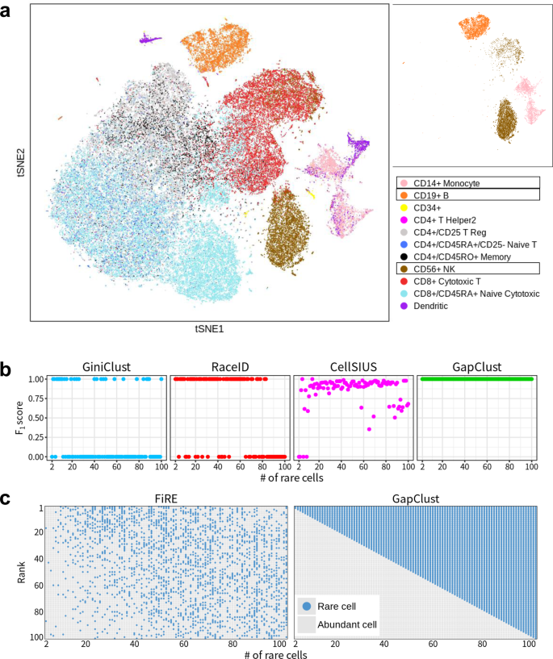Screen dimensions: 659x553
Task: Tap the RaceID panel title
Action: click(229, 366)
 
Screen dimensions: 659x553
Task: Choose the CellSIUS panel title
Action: click(353, 366)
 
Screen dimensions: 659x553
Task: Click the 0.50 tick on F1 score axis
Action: click(36, 417)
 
